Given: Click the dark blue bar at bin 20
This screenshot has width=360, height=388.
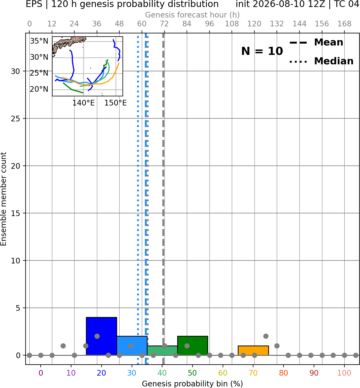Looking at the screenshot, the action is tap(101, 336).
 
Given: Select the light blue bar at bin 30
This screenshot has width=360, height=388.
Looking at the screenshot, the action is tap(132, 345).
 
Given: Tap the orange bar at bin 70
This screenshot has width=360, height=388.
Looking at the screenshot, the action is tap(253, 351).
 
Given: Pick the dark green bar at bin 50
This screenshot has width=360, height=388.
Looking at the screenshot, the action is tap(193, 345).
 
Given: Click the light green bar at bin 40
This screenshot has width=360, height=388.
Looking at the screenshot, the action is tap(162, 351).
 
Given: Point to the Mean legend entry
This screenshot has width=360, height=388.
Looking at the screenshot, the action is tap(316, 43).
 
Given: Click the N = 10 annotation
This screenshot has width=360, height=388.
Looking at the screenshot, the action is tap(262, 51).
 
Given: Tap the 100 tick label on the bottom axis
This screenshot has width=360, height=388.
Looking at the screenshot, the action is tap(344, 373).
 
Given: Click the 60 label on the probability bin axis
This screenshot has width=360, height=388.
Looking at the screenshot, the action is tap(223, 373).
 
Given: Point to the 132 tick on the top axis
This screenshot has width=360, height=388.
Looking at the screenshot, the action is tap(277, 24).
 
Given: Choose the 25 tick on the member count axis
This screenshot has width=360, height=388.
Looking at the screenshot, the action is tap(15, 119).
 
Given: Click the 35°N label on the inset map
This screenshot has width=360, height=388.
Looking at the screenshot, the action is tap(39, 41).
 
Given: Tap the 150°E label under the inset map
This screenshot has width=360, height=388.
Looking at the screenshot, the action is tap(115, 103).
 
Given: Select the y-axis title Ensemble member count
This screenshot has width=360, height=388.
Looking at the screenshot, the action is tap(3, 199).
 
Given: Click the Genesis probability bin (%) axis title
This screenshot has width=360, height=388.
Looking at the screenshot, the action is tap(193, 384).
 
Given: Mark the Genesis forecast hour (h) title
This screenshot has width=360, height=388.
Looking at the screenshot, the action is tap(193, 15).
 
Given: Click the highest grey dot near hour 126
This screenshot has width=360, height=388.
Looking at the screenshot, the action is tap(265, 336).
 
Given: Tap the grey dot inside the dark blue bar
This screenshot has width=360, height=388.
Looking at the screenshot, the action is tap(97, 336).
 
